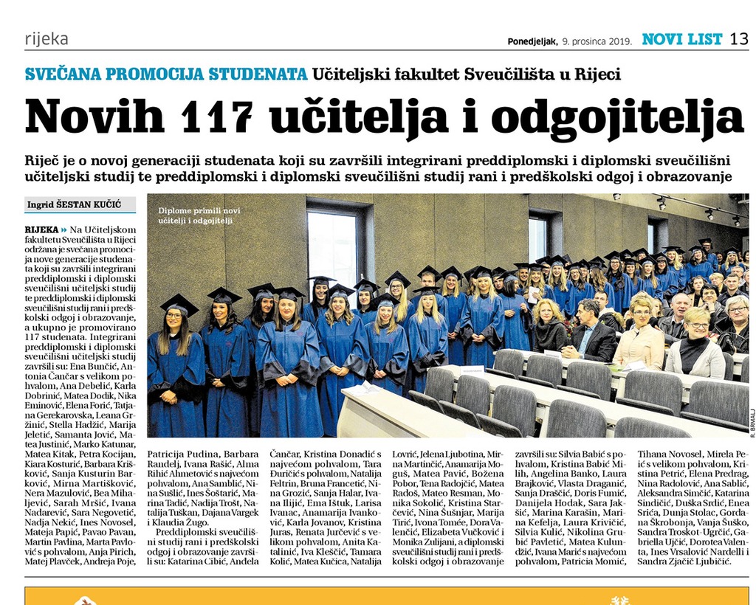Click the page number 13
click(739, 38)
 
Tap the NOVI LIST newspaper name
click(681, 39)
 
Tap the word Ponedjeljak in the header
click(532, 41)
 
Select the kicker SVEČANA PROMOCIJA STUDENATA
click(166, 74)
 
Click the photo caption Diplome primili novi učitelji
click(199, 215)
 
